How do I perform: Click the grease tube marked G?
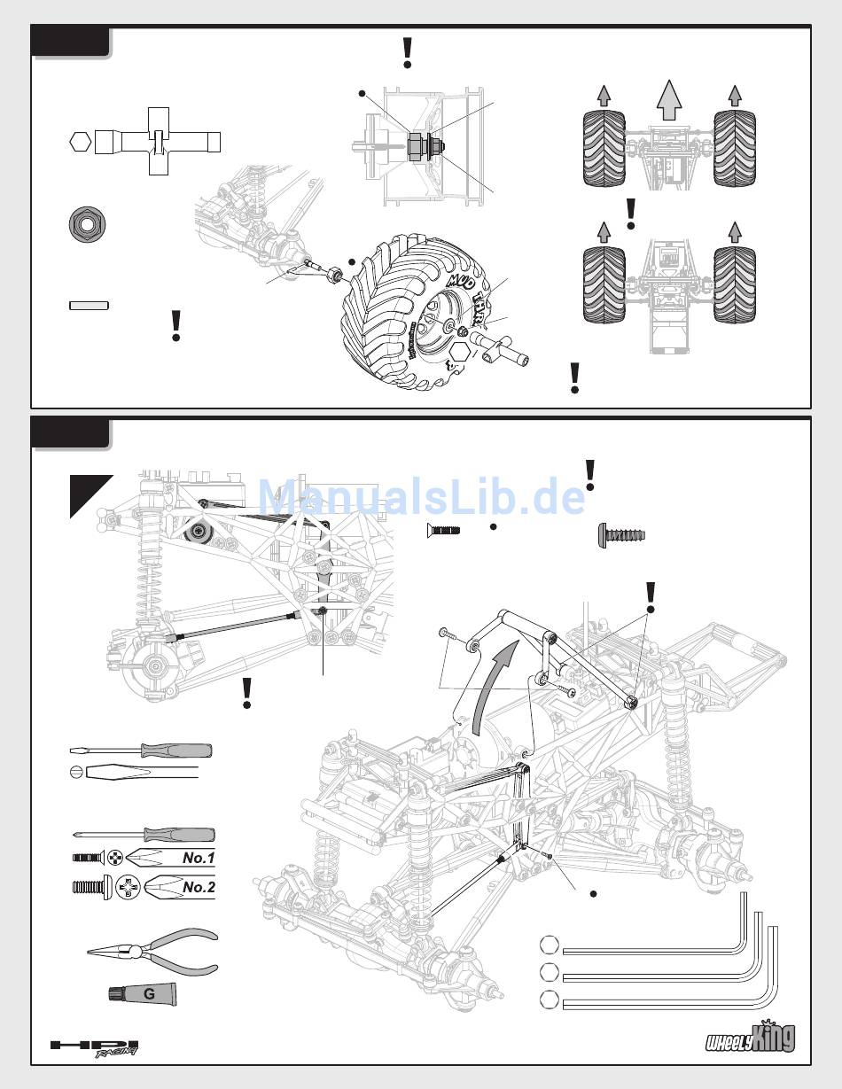pyautogui.click(x=143, y=993)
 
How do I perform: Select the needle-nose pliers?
pyautogui.click(x=152, y=951)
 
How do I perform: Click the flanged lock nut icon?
pyautogui.click(x=87, y=225)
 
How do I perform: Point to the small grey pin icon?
pyautogui.click(x=89, y=305)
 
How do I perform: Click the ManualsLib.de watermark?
pyautogui.click(x=421, y=496)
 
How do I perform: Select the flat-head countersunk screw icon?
pyautogui.click(x=443, y=530)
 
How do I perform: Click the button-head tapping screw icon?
pyautogui.click(x=621, y=534)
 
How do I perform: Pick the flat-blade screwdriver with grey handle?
pyautogui.click(x=141, y=751)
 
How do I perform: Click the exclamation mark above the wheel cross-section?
pyautogui.click(x=408, y=54)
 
